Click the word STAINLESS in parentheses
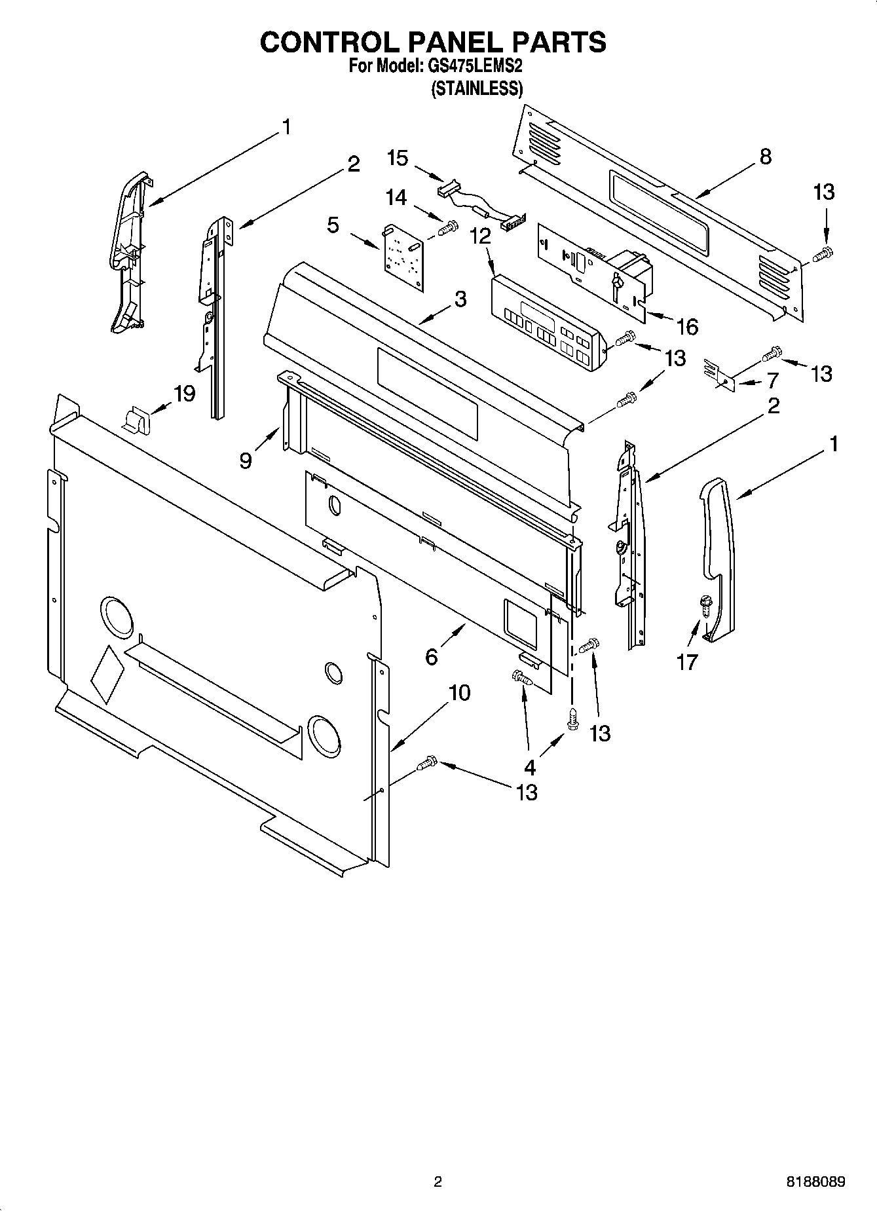[x=476, y=88]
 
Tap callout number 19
[x=185, y=394]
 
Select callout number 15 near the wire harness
[x=398, y=158]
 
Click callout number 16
[x=686, y=326]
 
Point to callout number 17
[x=687, y=662]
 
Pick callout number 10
[x=460, y=692]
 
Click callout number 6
[x=431, y=656]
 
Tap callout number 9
[x=245, y=460]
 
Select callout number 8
[x=765, y=157]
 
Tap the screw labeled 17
[x=706, y=605]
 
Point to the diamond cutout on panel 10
[x=107, y=673]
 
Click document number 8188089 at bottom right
[x=815, y=1182]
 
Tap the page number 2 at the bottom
[x=438, y=1182]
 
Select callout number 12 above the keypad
[x=480, y=236]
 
